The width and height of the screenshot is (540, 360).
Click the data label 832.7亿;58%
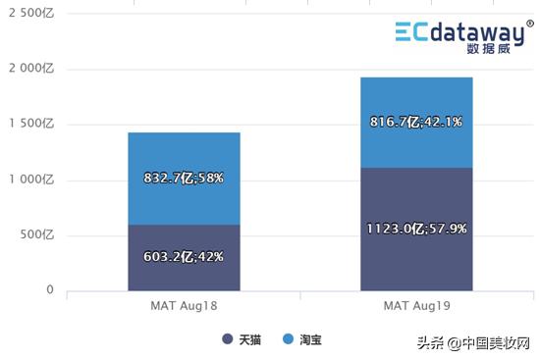[x=184, y=179]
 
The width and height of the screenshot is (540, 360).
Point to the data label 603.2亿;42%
[x=184, y=257]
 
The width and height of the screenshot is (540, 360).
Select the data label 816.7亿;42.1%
[x=415, y=122]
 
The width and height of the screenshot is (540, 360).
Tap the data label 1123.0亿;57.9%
[x=415, y=229]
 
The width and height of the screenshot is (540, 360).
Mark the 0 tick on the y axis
[x=49, y=290]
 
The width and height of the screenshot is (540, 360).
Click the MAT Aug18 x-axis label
[x=184, y=307]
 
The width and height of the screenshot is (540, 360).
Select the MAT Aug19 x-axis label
[x=416, y=307]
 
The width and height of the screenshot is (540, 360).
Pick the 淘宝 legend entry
[x=302, y=339]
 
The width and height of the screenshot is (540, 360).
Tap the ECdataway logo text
[x=464, y=35]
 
